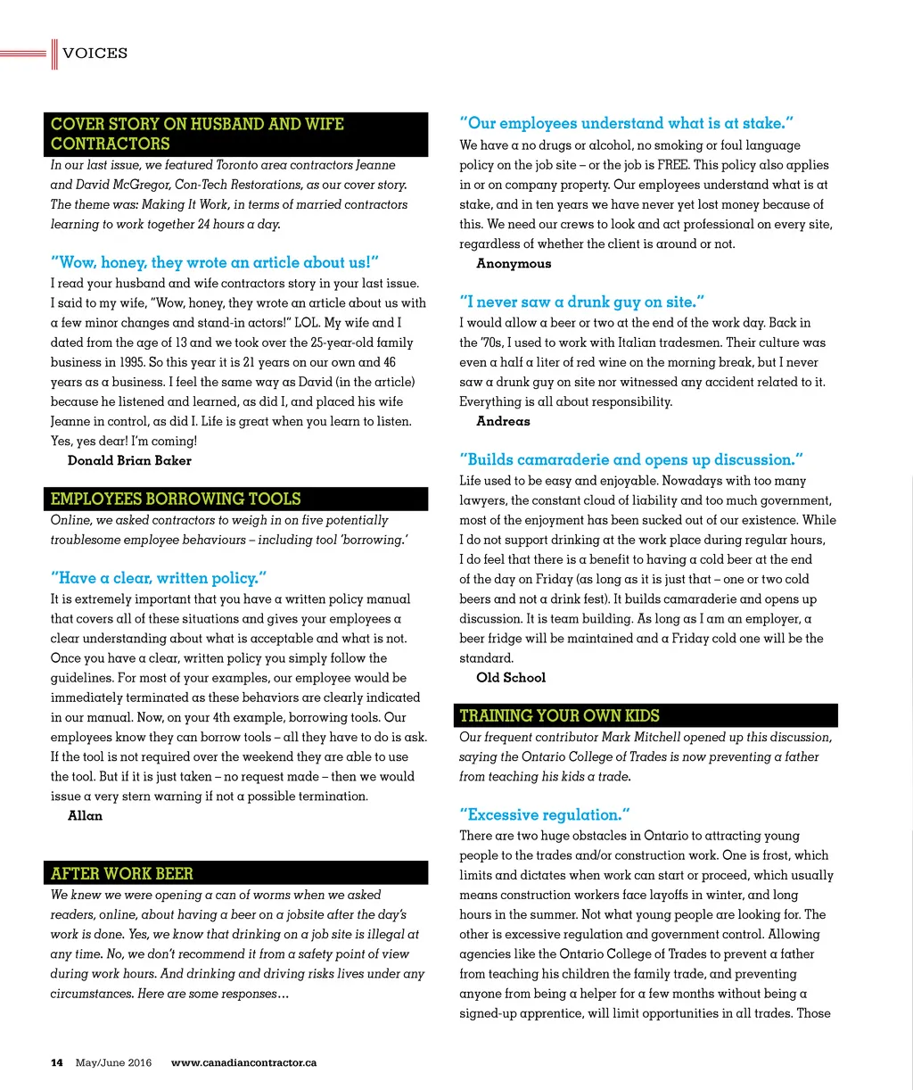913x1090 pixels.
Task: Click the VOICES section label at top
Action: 95,54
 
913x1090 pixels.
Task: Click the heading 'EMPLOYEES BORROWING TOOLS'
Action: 176,500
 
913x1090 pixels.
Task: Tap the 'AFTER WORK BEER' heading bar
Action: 122,874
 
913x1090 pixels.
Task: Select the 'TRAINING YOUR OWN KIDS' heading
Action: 559,715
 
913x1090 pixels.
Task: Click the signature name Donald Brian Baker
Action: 129,460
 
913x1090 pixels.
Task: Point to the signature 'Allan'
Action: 85,815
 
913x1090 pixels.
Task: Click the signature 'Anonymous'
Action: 514,263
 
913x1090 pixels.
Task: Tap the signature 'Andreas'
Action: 503,421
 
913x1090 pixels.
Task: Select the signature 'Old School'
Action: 511,678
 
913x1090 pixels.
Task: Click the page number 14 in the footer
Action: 57,1062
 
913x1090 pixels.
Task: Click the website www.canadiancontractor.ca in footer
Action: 243,1062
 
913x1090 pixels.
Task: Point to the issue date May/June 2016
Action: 113,1062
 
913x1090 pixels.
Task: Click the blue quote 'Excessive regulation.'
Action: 545,814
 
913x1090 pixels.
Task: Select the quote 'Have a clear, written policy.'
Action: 159,578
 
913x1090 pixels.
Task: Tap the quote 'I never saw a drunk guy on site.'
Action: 582,302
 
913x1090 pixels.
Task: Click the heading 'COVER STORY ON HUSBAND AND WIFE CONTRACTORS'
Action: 197,134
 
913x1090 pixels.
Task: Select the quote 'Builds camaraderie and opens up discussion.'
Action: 631,460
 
